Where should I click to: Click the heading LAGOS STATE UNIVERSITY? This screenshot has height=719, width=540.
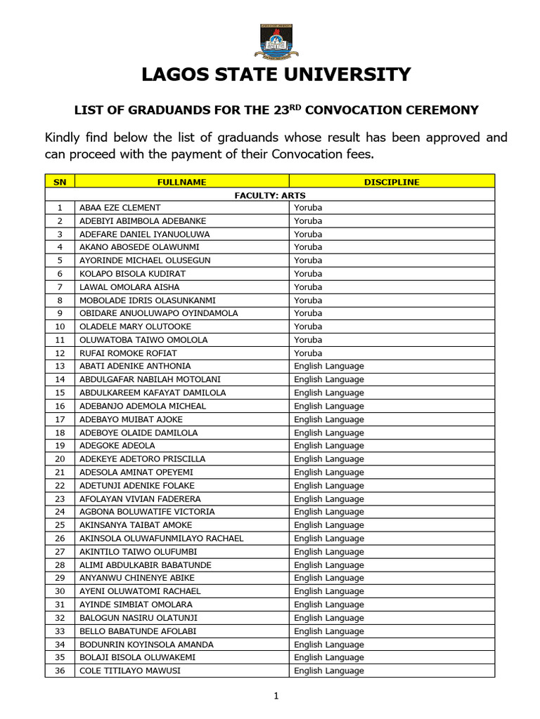pos(276,75)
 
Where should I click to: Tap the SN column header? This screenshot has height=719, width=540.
pos(60,182)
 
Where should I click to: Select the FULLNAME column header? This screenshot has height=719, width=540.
pos(182,182)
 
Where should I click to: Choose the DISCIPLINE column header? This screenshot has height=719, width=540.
pos(392,182)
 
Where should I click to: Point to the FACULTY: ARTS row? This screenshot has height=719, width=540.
pos(270,195)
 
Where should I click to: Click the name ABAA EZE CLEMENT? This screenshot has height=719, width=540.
pos(120,208)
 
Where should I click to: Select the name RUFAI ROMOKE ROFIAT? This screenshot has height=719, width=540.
pos(128,353)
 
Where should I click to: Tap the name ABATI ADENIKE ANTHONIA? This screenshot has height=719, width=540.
pos(135,367)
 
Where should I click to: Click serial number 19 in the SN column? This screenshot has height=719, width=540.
pos(60,446)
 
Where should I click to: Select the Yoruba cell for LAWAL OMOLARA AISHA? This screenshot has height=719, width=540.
pos(308,287)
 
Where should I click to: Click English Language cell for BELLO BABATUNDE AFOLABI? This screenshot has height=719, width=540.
pos(329,631)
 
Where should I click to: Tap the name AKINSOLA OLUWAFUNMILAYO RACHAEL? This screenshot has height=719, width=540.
pos(162,539)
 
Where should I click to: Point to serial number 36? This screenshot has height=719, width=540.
pos(60,671)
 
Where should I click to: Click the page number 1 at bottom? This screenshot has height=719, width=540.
pos(276,697)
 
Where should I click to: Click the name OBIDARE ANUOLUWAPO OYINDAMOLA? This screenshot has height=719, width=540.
pos(159,313)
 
